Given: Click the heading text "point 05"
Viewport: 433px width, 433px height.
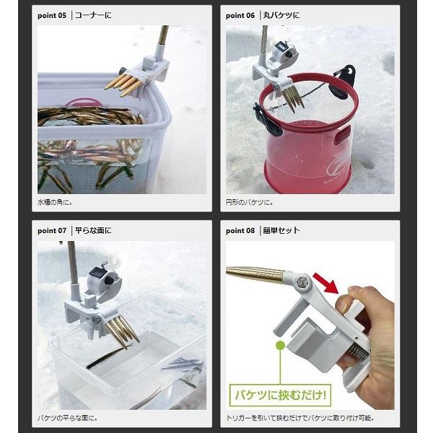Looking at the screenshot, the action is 52,15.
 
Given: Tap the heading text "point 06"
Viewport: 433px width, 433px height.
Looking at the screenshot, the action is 240,15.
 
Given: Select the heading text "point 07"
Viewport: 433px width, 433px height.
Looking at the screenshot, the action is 52,231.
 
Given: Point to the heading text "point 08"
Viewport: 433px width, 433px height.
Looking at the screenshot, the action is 240,231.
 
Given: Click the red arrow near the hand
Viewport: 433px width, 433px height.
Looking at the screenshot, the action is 326,284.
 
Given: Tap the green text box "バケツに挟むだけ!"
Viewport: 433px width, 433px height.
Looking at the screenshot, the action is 280,395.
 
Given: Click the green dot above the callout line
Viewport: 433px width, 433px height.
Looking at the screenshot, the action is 280,345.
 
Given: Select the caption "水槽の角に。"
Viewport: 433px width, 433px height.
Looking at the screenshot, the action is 55,202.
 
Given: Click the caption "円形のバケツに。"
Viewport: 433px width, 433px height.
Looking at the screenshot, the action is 250,202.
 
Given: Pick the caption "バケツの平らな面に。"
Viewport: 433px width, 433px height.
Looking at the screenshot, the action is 67,418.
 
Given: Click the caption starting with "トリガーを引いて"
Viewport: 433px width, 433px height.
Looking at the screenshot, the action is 300,418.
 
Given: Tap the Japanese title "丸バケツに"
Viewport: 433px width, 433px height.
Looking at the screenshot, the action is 281,15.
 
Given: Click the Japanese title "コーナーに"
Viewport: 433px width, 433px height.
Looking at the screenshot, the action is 93,15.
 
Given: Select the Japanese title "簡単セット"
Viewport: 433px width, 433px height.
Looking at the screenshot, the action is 281,230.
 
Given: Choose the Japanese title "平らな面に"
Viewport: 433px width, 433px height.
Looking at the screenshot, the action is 93,230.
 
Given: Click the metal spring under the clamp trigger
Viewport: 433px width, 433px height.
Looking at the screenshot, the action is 357,352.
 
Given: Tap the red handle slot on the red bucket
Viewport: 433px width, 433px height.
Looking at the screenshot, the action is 343,135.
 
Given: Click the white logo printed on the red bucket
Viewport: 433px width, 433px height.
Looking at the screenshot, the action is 338,168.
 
